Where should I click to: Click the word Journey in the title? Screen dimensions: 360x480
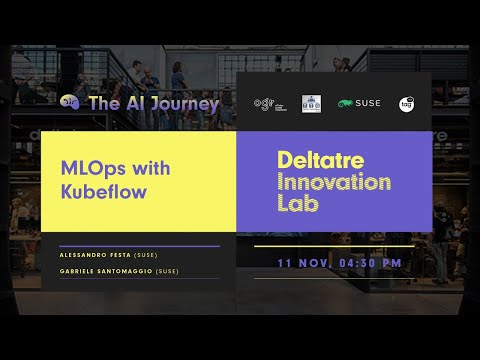184,103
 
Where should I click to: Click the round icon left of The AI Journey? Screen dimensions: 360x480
69,102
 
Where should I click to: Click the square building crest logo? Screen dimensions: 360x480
311,103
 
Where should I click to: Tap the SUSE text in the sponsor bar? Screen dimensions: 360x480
368,103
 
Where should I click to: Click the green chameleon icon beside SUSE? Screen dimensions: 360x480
345,103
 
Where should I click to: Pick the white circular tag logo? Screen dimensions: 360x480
407,103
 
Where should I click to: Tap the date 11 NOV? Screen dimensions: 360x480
304,262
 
